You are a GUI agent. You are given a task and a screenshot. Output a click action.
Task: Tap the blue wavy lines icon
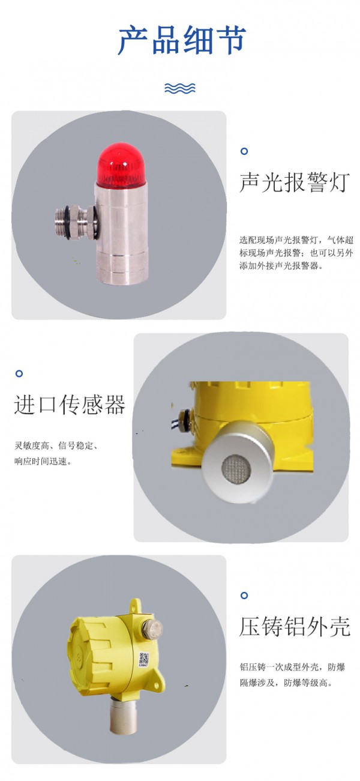[180, 88]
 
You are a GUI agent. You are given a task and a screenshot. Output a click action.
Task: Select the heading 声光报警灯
[295, 182]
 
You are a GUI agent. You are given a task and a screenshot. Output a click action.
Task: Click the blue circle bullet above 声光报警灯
[244, 151]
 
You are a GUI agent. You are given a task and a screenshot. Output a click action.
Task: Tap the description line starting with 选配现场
[296, 240]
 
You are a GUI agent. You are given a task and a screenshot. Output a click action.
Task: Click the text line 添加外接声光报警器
[281, 266]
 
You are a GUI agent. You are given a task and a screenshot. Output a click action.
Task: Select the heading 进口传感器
[70, 405]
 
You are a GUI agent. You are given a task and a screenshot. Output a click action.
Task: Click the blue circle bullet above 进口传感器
[19, 373]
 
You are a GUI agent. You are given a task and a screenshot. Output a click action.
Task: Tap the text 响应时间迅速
[43, 461]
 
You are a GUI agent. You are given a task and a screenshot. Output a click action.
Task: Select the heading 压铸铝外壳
[295, 627]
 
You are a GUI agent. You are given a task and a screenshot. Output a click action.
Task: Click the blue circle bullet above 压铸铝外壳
[244, 595]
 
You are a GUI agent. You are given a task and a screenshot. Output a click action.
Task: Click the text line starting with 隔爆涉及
[286, 683]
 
